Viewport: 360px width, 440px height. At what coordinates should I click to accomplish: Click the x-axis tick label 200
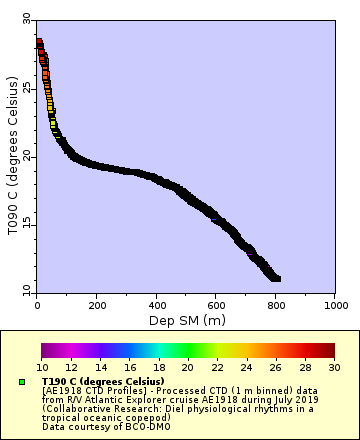(x=97, y=306)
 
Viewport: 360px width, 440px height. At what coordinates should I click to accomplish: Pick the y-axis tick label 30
(x=27, y=19)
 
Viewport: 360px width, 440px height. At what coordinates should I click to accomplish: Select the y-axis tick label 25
(x=27, y=88)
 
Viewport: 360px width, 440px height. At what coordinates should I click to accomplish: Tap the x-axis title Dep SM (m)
(x=186, y=320)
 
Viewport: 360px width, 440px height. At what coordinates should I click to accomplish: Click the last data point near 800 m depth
(x=277, y=278)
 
